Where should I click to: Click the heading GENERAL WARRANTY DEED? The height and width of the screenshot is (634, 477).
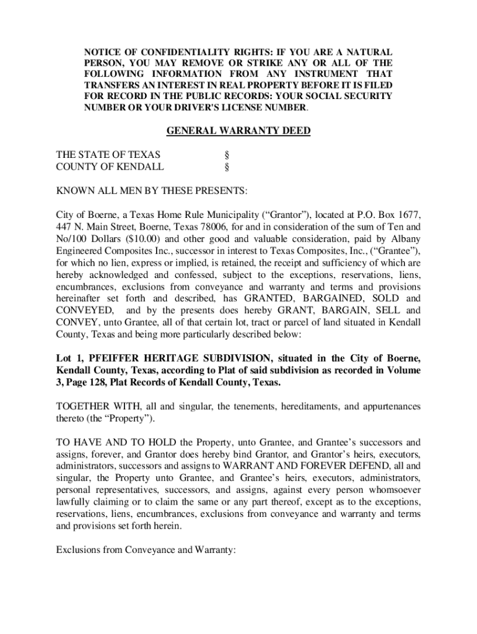[239, 131]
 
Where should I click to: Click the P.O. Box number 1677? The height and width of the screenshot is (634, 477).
[410, 215]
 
